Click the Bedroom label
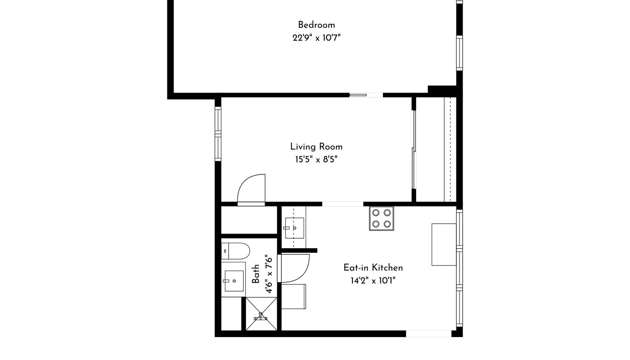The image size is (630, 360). click(317, 25)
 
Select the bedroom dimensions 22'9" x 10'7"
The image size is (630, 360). click(317, 38)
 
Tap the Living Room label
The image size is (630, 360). click(317, 147)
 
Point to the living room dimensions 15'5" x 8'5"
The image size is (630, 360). click(316, 160)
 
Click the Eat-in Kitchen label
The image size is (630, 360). click(373, 267)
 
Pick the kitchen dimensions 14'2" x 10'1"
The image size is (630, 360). click(373, 280)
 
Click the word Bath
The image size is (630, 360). click(256, 274)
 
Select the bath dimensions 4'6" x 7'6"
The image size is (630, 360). click(269, 274)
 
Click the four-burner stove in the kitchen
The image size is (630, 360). click(382, 219)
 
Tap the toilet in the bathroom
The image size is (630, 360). click(235, 251)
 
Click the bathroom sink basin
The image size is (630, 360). click(234, 281)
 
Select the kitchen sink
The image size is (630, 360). click(295, 228)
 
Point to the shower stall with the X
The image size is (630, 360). click(261, 314)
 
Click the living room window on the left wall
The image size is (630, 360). click(218, 134)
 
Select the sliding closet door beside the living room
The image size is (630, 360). click(414, 150)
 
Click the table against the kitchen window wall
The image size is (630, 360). click(444, 245)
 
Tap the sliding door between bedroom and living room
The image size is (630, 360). click(366, 95)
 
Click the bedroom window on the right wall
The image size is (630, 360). click(459, 53)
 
